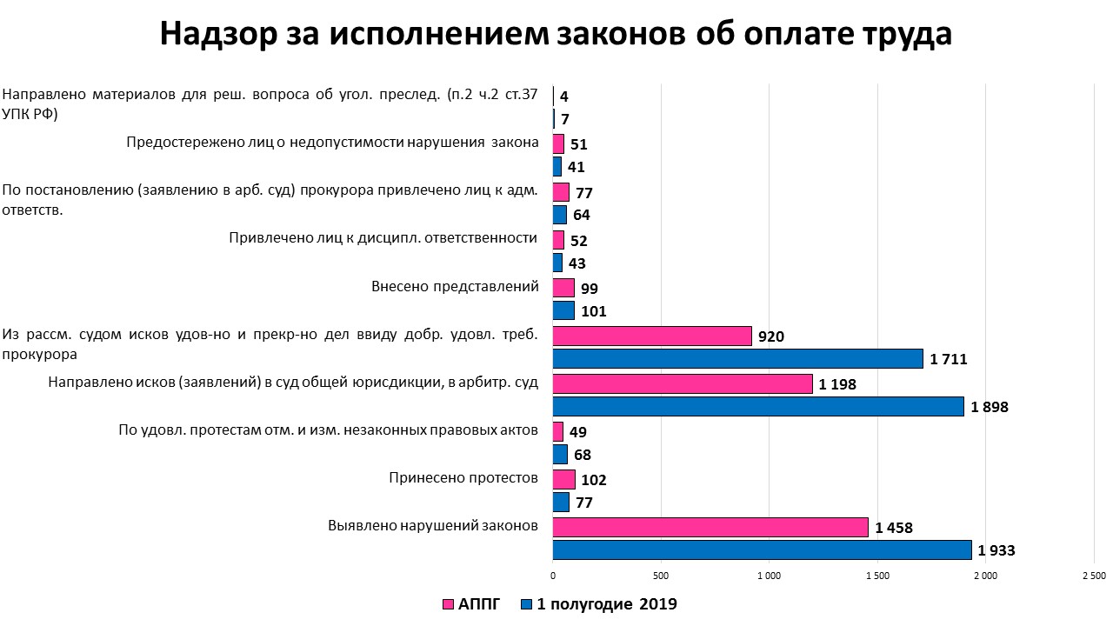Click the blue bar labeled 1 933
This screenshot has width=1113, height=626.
[762, 549]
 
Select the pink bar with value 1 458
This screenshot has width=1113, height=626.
[710, 527]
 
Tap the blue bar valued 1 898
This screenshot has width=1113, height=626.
[758, 406]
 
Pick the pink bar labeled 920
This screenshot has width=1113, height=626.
[652, 336]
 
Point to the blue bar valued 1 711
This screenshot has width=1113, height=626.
[737, 358]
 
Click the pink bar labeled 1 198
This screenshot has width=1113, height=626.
[683, 383]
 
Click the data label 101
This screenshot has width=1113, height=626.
[593, 311]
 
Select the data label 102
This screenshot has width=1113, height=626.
[593, 480]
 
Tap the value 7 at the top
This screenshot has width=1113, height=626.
[565, 119]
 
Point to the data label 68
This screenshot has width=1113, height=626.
[583, 455]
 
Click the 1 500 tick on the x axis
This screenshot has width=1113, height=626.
[877, 576]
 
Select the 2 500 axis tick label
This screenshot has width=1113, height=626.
[1093, 576]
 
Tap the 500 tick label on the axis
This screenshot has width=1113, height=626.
[661, 576]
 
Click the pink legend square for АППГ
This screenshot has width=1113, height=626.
[449, 604]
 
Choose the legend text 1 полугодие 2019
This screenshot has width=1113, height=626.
[607, 604]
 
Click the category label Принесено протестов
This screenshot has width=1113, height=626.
[463, 477]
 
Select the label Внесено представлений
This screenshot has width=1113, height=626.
[455, 286]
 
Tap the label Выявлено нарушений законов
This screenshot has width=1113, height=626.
[433, 525]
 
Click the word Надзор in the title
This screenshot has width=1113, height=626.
[214, 34]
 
